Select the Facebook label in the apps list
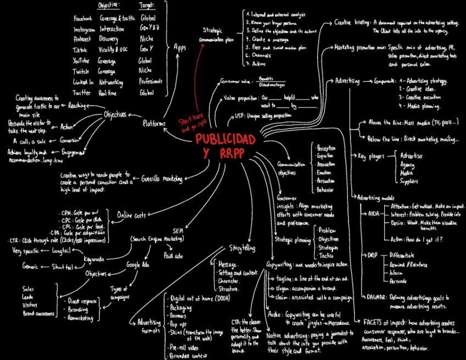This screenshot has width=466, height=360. pos(83,18)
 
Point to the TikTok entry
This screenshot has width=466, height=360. pos(80,50)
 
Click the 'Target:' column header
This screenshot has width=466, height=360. pos(147,5)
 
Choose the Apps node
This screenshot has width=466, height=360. pos(180,47)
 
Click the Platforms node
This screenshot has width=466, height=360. pos(154,124)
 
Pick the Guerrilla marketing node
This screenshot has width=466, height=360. pos(163,179)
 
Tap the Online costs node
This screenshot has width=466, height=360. pos(131,216)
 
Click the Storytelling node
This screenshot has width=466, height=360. pos(242,247)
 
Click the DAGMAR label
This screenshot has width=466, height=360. pos(375,297)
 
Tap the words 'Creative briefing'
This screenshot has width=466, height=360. pos(352,23)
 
